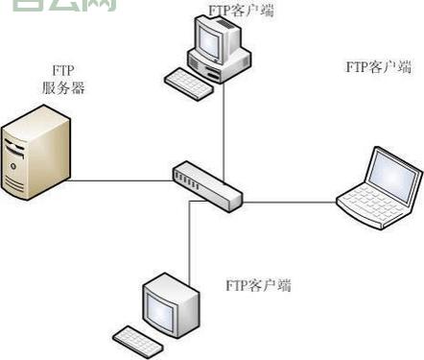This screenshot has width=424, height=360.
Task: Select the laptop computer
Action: pos(380,191)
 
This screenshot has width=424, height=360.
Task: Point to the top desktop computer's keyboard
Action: pos(188,84)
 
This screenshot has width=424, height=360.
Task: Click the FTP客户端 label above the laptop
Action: pos(379,67)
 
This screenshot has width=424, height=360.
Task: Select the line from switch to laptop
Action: pos(288,201)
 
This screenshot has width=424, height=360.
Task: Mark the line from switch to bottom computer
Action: pos(190,240)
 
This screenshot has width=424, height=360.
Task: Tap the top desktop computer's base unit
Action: pos(224,64)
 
